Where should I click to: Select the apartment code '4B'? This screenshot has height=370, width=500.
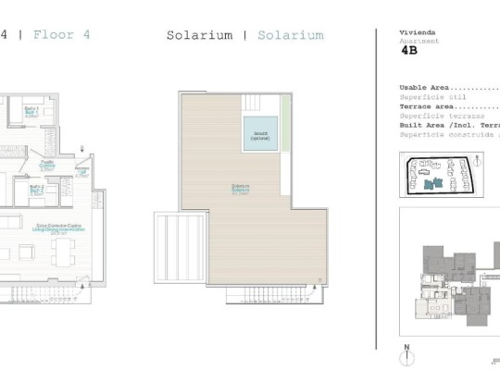(408, 54)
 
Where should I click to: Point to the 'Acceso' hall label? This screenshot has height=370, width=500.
(81, 172)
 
